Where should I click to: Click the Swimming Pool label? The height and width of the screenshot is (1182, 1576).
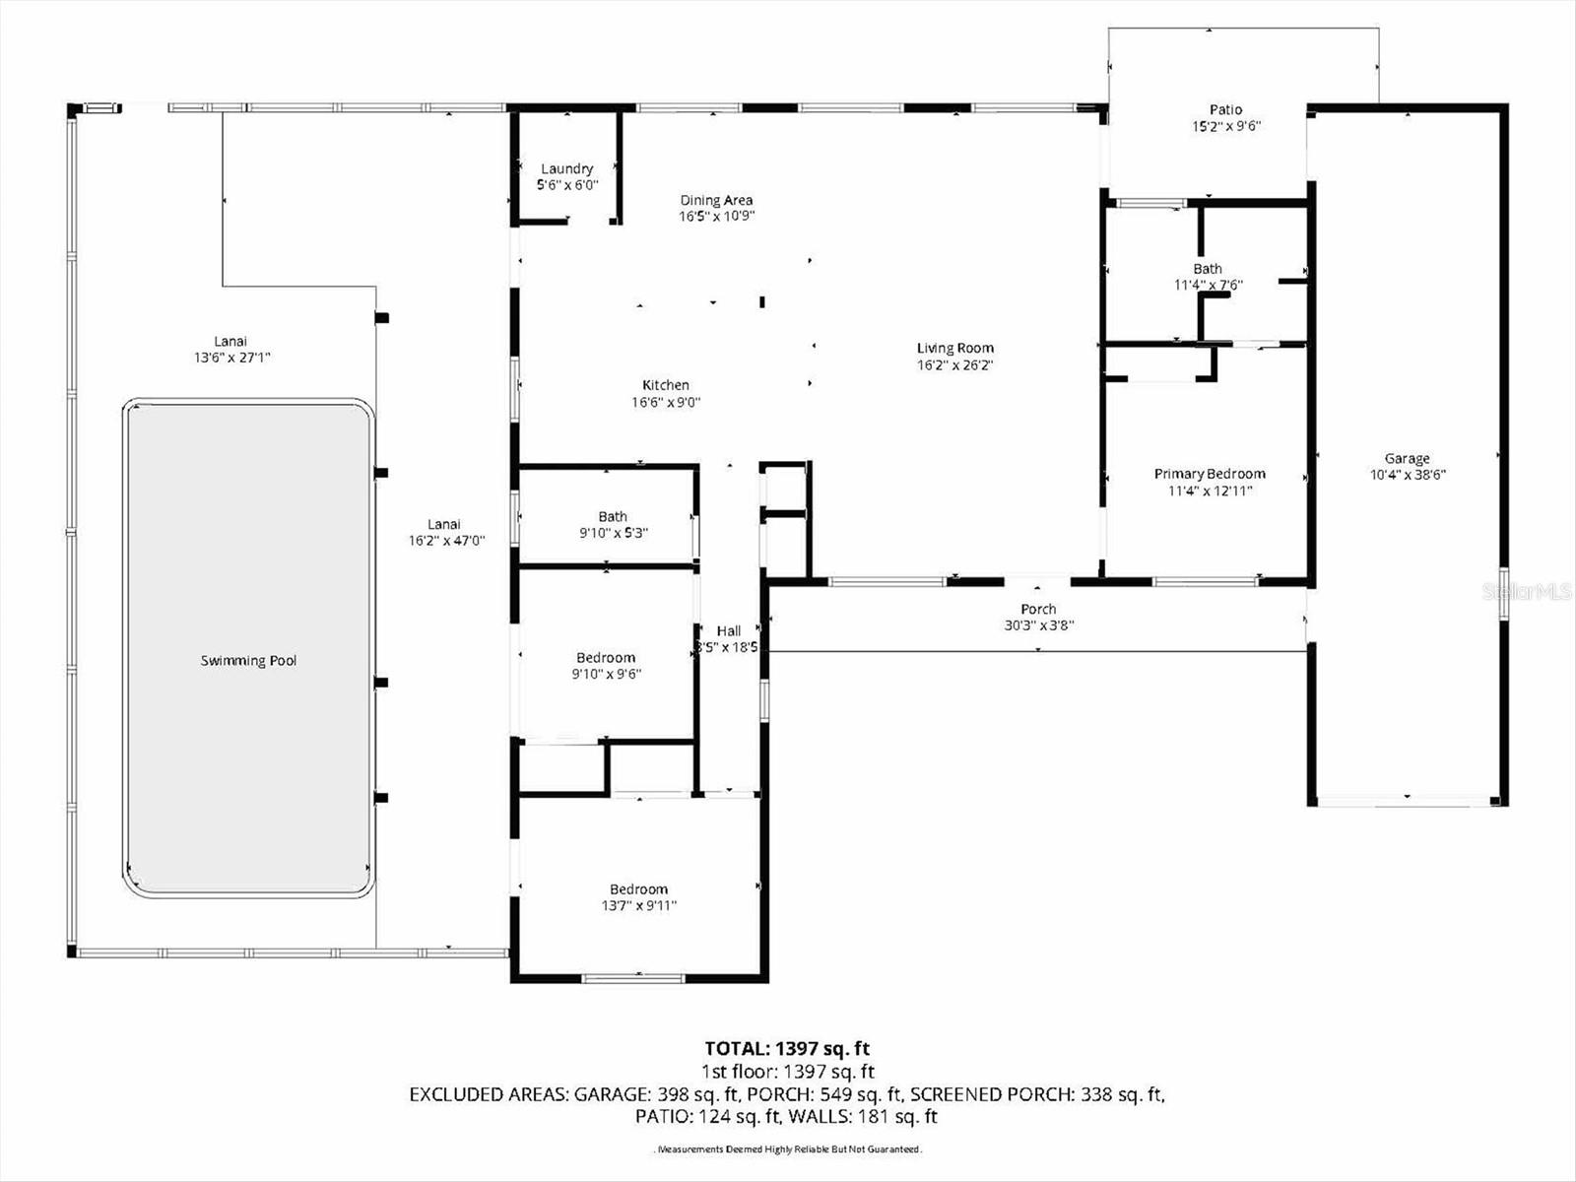point(248,661)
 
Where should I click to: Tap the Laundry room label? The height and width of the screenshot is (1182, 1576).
point(566,168)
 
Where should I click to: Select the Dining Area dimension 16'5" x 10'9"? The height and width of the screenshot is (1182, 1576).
point(716,217)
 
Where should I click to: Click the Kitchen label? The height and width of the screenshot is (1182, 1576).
point(666,385)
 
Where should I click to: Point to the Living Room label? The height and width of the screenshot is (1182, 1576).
point(954,348)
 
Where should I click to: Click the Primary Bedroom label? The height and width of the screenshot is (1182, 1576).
point(1210,474)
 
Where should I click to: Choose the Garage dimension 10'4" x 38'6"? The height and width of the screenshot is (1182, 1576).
point(1408,475)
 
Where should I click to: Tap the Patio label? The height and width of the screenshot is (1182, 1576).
point(1226,109)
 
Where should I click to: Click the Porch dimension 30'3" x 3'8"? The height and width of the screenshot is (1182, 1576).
point(1038,625)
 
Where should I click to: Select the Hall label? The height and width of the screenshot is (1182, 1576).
point(729,631)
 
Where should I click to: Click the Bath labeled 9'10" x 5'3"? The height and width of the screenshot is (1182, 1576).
point(613,516)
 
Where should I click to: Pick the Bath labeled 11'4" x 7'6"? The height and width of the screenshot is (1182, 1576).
point(1208,268)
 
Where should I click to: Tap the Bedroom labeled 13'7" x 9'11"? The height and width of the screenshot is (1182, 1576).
point(638,889)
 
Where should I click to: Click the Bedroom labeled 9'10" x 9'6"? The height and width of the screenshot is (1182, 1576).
point(606,658)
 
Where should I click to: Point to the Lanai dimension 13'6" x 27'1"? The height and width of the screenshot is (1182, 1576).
point(230,359)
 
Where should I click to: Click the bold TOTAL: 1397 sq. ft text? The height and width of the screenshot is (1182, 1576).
point(787,1049)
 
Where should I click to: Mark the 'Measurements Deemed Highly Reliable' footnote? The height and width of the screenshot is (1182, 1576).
point(788,1149)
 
